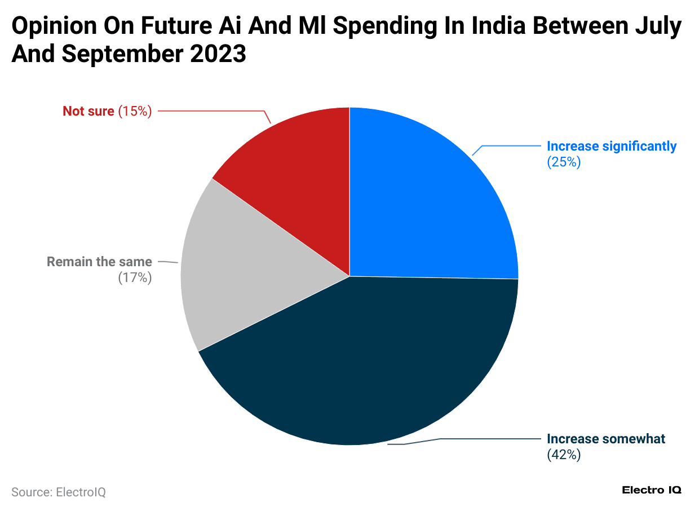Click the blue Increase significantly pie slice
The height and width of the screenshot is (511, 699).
(428, 203)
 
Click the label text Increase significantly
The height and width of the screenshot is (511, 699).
(611, 146)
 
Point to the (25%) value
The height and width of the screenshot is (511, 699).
(563, 162)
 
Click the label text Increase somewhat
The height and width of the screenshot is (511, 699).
(606, 439)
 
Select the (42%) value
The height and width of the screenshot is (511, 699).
(563, 455)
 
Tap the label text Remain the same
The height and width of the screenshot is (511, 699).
(99, 262)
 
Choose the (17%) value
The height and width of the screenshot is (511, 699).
(135, 278)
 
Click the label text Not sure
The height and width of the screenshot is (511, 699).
(89, 111)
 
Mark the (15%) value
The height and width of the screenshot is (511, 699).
(135, 111)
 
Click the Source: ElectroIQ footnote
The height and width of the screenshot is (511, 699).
(59, 492)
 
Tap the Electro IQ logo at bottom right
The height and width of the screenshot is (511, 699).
(651, 490)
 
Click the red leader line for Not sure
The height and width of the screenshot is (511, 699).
(214, 111)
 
